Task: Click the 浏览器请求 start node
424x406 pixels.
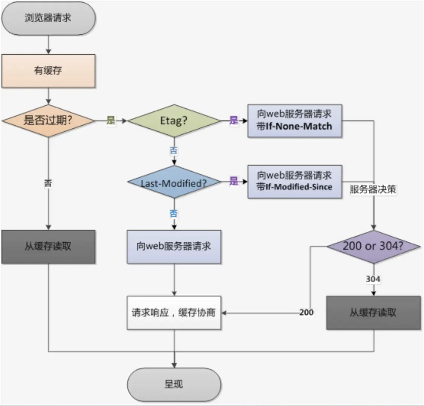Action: [49, 18]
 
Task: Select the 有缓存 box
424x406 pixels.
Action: [49, 71]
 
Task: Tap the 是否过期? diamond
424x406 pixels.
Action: [49, 121]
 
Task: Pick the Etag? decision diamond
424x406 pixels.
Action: [174, 121]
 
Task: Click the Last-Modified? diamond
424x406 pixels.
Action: [174, 182]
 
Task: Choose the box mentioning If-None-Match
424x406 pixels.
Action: [295, 121]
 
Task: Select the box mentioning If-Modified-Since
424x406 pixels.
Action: [295, 181]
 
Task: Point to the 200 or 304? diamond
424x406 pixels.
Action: [374, 247]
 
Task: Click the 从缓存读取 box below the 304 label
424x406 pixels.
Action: [374, 313]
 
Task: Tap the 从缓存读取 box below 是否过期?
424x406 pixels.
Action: [49, 247]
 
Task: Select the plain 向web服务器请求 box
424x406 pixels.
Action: [174, 247]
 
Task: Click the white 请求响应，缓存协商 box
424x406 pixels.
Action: [174, 313]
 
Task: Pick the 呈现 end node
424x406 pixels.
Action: [174, 384]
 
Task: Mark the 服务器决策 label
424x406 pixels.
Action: [373, 189]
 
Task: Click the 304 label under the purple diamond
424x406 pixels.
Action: [373, 279]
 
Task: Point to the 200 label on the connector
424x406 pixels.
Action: [307, 312]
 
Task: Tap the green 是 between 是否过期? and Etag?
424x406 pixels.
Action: [111, 120]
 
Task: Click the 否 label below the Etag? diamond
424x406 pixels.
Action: [174, 151]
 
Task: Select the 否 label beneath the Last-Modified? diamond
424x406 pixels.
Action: [174, 214]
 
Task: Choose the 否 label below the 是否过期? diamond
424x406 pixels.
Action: [48, 183]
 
